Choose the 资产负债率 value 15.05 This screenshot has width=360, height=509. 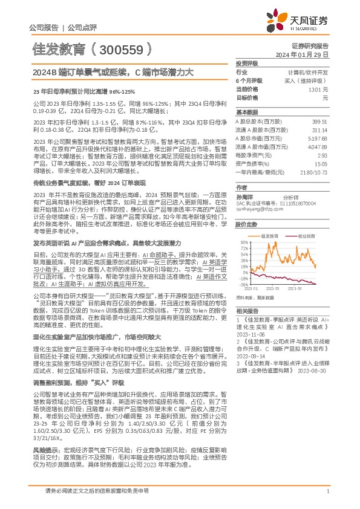tap(320, 163)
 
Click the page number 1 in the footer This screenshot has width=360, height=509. tap(327, 493)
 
